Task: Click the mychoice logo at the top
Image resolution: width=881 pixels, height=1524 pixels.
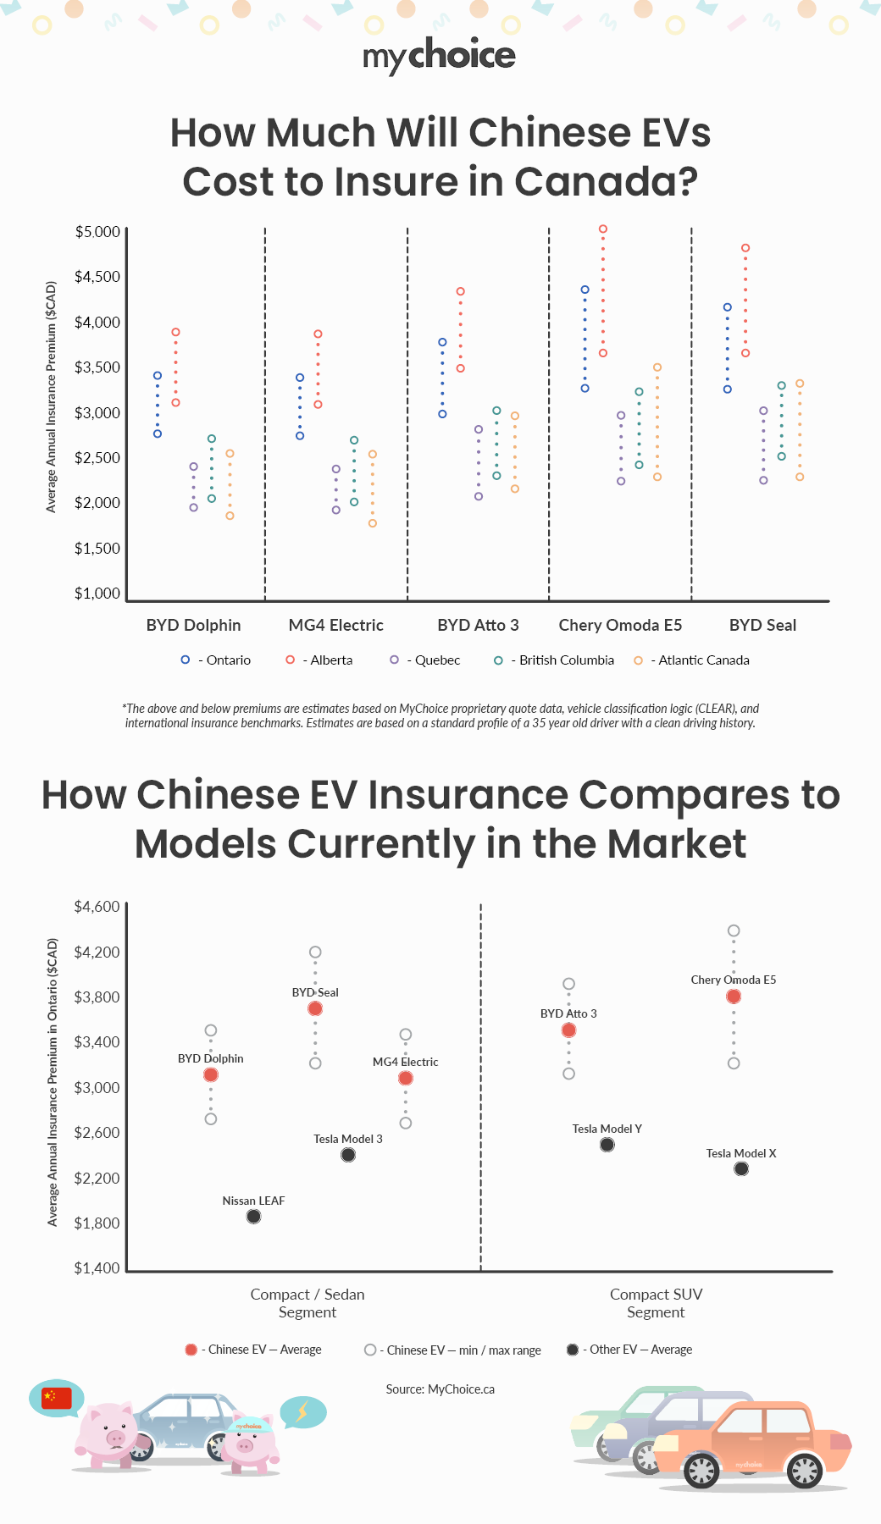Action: coord(439,55)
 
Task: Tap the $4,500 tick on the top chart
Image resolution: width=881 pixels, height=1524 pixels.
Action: coord(97,277)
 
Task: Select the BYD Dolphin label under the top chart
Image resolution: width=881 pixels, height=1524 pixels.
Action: coord(193,626)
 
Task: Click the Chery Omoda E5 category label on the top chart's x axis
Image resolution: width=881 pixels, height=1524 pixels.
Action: coord(620,626)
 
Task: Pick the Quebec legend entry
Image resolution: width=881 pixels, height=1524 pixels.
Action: coord(426,660)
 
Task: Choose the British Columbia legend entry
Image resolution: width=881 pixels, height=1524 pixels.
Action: coord(555,660)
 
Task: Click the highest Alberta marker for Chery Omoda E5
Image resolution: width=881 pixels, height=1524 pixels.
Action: coord(603,229)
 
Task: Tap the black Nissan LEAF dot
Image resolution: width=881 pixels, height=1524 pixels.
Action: coord(253,1217)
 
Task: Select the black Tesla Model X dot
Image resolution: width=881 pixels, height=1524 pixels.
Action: coord(741,1169)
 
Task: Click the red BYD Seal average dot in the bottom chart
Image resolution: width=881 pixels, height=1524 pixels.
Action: coord(315,1008)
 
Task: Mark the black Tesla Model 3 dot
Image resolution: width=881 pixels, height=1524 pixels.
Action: coord(348,1155)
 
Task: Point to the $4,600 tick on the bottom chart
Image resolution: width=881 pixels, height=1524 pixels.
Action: coord(97,907)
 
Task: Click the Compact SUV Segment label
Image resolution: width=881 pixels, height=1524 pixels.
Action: coord(656,1303)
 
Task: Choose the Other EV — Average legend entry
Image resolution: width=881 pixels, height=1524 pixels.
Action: coord(630,1350)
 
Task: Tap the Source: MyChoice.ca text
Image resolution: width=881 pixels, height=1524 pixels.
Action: coord(440,1389)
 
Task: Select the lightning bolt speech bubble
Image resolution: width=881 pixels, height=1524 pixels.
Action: coord(302,1411)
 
